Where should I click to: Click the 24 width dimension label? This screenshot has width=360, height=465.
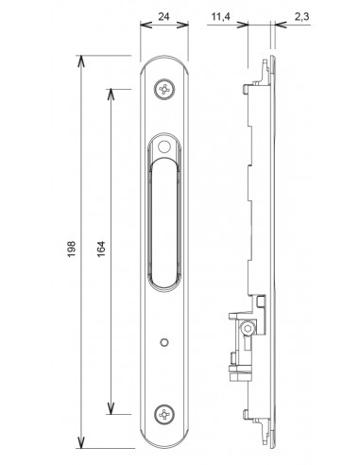coord(163,16)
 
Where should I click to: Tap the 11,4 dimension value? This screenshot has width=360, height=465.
coord(220,16)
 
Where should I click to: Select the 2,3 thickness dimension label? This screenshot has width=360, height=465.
coord(302,16)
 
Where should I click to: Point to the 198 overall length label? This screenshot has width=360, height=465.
coord(72,249)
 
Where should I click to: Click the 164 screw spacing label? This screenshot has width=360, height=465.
coord(101,249)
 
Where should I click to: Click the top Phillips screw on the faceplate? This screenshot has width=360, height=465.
coord(164,90)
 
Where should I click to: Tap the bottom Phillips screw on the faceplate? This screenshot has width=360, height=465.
coord(164,414)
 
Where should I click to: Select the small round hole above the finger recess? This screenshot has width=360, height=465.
coord(163,146)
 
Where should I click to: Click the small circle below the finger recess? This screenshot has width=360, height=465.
coord(163,342)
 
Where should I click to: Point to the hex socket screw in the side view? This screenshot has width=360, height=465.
coord(247,329)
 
